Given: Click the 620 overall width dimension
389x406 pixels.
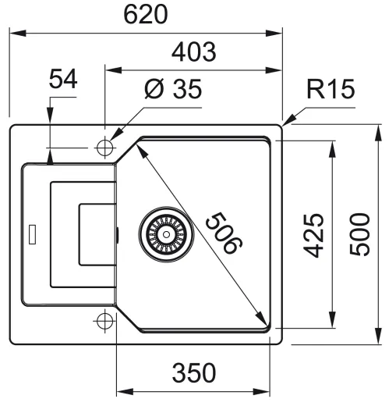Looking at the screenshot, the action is tap(146, 15).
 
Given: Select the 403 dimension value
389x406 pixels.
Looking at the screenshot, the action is tap(194, 52).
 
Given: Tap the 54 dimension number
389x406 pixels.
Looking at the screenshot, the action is tap(63, 79).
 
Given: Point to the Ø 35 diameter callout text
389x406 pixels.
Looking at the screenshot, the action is tap(173, 89).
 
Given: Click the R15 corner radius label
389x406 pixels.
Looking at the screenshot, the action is tap(331, 89).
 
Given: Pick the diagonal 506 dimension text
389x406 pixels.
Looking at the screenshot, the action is tap(224, 233).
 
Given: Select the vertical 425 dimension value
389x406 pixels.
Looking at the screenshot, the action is tap(313, 235).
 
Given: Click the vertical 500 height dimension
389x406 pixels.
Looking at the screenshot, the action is tap(359, 234).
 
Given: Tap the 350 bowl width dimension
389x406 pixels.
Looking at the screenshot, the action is tap(194, 373).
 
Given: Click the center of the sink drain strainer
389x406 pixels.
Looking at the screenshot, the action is tap(166, 234).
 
